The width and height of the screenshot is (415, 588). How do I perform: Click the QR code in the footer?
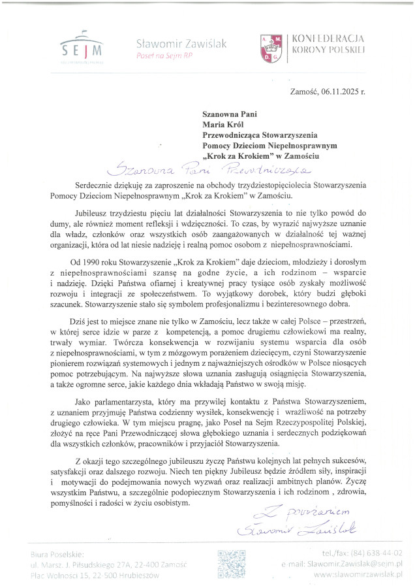[x=231, y=564]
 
